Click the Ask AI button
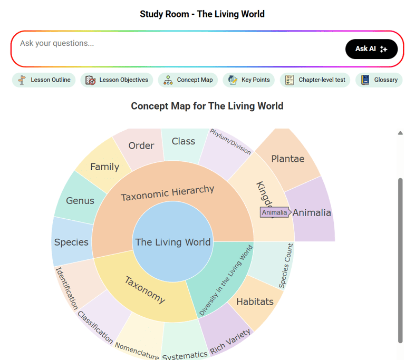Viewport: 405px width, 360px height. (371, 49)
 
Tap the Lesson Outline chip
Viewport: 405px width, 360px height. (44, 80)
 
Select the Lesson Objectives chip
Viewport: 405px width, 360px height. (117, 80)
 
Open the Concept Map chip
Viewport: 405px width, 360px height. (188, 80)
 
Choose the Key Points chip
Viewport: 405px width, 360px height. (249, 80)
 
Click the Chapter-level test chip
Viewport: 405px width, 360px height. (315, 80)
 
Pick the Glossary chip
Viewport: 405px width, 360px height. (379, 80)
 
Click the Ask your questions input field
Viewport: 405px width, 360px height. (174, 44)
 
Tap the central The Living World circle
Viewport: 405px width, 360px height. (173, 242)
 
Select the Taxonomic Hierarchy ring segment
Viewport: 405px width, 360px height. (168, 193)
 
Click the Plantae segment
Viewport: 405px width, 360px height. (288, 159)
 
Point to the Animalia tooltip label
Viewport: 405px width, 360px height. (275, 212)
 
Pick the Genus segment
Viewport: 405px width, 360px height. (80, 200)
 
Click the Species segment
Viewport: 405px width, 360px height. (71, 242)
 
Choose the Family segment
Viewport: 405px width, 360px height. (104, 167)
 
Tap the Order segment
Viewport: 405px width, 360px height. (141, 145)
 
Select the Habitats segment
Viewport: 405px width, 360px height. (255, 302)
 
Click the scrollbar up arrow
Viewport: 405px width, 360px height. (400, 133)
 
